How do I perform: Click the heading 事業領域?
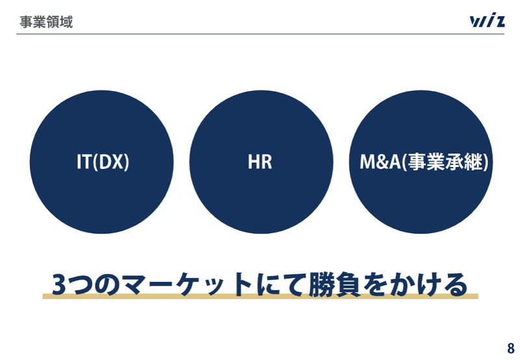click(46, 22)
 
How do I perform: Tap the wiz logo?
click(487, 20)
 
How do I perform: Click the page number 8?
click(511, 348)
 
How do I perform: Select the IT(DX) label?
click(103, 162)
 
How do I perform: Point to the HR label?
click(260, 162)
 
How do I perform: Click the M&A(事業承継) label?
click(424, 162)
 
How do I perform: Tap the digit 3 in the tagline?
click(58, 285)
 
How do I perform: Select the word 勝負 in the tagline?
click(335, 285)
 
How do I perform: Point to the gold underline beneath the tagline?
click(261, 296)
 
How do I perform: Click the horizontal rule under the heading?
click(261, 34)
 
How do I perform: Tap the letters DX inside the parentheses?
click(110, 162)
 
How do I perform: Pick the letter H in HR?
click(253, 162)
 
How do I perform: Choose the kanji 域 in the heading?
click(66, 22)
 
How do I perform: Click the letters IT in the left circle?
click(84, 162)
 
